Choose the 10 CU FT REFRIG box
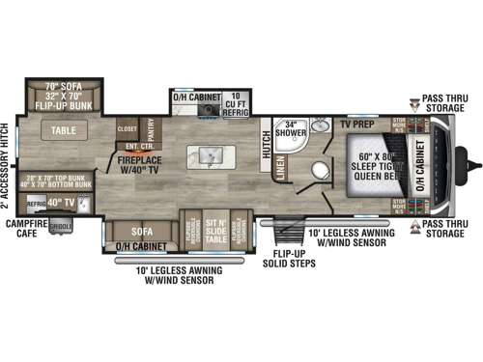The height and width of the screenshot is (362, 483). (235, 102)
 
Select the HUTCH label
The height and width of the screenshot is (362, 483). (268, 144)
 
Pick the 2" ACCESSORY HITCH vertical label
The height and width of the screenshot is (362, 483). (7, 165)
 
